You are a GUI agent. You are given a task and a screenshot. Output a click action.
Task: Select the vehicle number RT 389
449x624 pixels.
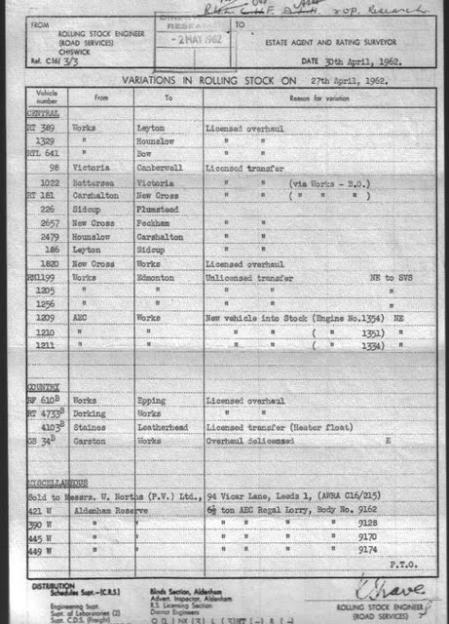coord(39,128)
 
